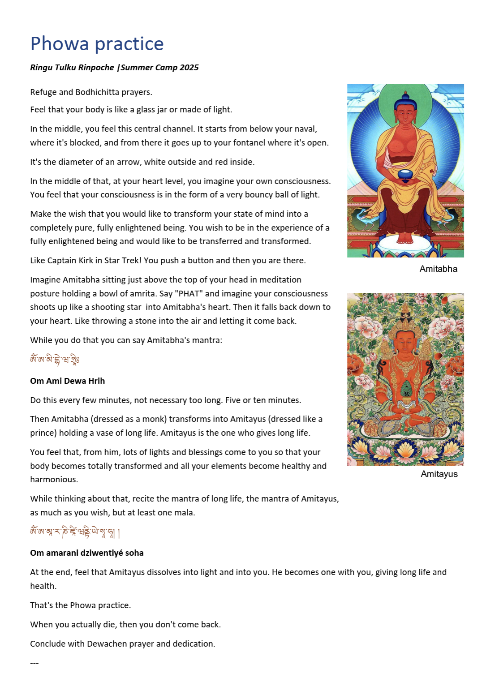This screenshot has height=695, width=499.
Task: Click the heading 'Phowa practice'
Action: point(97,44)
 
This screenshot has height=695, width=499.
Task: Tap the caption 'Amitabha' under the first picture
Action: point(438,269)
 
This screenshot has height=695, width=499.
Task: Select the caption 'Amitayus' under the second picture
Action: point(439,474)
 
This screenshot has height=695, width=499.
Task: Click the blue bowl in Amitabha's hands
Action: point(406,175)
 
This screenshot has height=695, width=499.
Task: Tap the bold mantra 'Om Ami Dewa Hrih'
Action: point(67,381)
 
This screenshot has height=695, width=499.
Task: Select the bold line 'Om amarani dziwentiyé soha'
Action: point(86,553)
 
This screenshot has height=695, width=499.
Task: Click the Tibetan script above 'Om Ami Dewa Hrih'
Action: point(55,360)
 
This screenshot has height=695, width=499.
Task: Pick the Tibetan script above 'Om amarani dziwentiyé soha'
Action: point(74,532)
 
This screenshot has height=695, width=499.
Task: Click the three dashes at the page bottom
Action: point(34,663)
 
